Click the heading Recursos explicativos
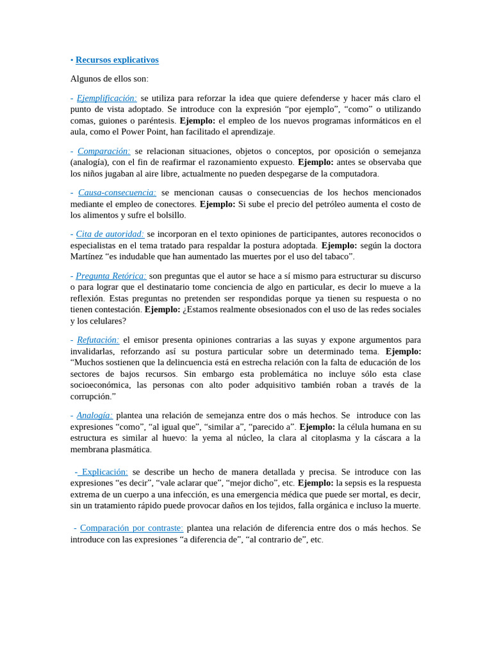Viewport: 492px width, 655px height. (x=117, y=60)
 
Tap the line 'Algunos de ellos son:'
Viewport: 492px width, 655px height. (x=109, y=79)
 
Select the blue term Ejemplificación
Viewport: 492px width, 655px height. (x=106, y=99)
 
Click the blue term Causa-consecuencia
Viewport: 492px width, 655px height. (x=117, y=193)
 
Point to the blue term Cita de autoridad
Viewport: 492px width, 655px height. (x=110, y=234)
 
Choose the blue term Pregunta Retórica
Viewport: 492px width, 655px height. (x=111, y=276)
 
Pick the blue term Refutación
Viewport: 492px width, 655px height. (x=98, y=340)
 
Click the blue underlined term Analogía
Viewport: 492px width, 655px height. (x=95, y=415)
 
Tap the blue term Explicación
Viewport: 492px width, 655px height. (x=104, y=471)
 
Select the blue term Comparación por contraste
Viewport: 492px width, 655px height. (x=131, y=528)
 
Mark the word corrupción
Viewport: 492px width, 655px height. (x=93, y=397)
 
